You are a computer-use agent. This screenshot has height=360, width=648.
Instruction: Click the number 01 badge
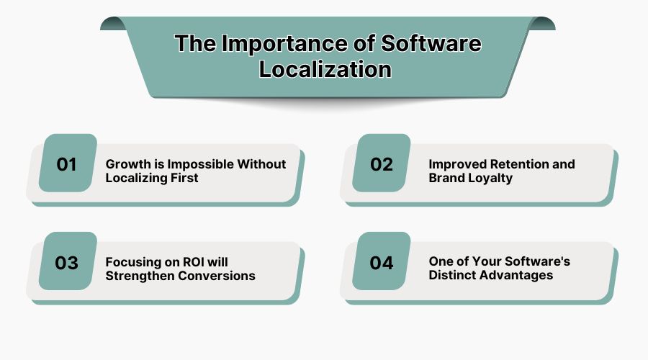click(x=67, y=164)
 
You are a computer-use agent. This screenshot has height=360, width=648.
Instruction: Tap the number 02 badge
click(x=382, y=164)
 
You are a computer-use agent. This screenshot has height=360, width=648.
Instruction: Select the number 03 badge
click(x=67, y=263)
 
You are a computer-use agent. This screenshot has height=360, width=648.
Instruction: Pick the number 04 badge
click(x=382, y=263)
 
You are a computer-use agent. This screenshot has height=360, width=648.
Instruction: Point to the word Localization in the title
click(x=325, y=69)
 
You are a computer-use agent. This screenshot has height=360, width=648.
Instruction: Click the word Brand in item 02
click(x=446, y=177)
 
